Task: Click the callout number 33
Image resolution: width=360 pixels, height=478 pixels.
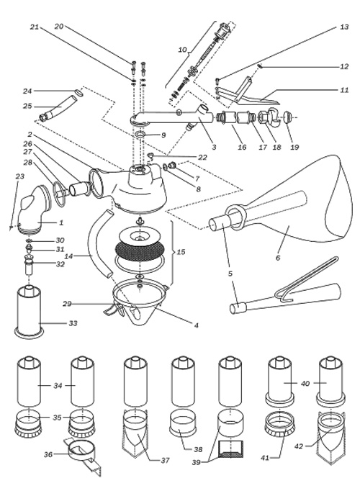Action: (x=73, y=323)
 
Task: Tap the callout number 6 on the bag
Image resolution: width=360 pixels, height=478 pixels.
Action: (x=278, y=258)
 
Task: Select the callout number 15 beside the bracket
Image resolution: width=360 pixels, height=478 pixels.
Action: (x=181, y=252)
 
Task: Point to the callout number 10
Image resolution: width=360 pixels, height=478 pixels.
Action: (x=182, y=50)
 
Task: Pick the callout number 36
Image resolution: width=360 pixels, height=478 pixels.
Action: (x=48, y=454)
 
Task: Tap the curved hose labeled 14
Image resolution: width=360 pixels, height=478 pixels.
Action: (x=98, y=243)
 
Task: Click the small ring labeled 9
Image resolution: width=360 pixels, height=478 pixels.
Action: (x=140, y=134)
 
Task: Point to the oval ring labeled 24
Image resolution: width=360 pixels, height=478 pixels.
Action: (x=78, y=92)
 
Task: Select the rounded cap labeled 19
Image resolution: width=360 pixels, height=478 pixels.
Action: (x=288, y=117)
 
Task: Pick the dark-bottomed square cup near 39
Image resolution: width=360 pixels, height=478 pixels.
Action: (x=231, y=448)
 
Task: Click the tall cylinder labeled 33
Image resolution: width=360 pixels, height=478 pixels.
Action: (x=29, y=311)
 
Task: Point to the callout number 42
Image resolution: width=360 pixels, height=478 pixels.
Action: (x=299, y=446)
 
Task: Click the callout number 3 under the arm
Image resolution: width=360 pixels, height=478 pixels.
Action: (x=214, y=147)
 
